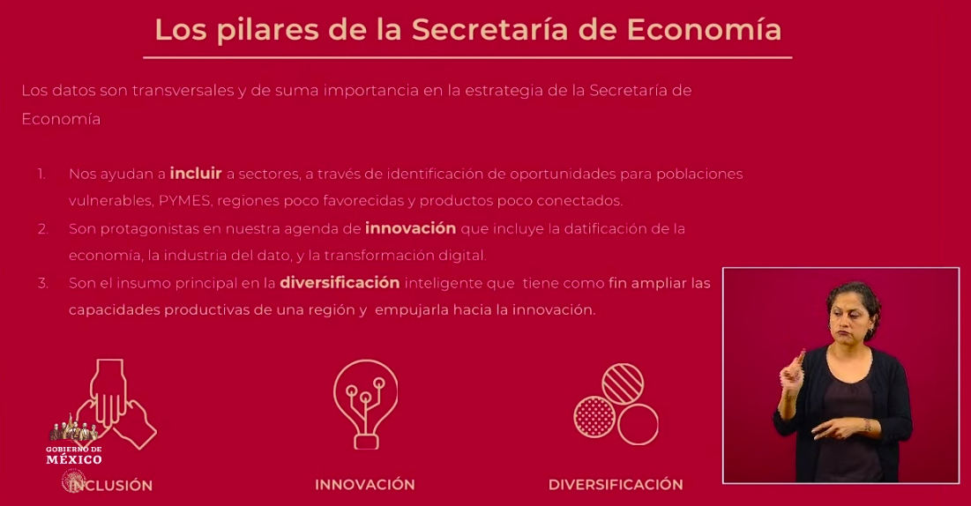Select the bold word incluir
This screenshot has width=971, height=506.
click(x=196, y=174)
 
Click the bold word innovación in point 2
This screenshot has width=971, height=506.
click(x=410, y=228)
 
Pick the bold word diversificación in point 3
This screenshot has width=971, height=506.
click(x=340, y=283)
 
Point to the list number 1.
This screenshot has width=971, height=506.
click(x=41, y=175)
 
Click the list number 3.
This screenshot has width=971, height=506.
click(x=42, y=284)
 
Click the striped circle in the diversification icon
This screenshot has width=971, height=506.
click(x=623, y=383)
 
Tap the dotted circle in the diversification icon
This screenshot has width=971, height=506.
click(x=594, y=415)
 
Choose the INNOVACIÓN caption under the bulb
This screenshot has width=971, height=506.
click(x=364, y=485)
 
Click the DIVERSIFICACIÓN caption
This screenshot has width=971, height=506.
click(x=616, y=485)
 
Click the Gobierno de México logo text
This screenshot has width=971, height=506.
click(x=74, y=454)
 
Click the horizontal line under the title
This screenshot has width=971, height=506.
click(x=467, y=57)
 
